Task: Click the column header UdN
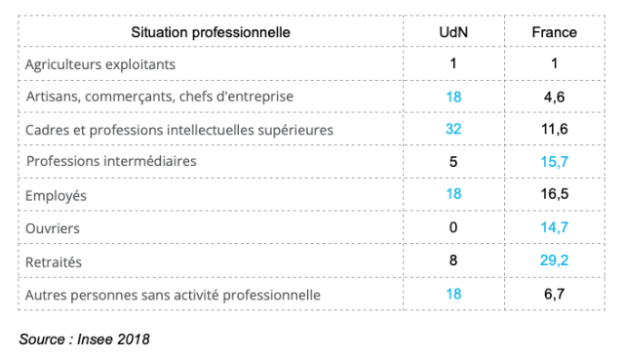(x=453, y=32)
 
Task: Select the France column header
(x=554, y=32)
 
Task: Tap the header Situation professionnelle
(x=211, y=32)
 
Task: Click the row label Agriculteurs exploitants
(x=100, y=64)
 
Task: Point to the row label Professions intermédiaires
(x=111, y=161)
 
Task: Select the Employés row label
(x=56, y=196)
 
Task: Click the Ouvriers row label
(x=53, y=228)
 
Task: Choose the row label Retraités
(x=54, y=261)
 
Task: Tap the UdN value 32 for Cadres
(x=453, y=129)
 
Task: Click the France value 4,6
(x=554, y=97)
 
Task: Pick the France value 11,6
(x=554, y=129)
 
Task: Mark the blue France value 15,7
(x=554, y=161)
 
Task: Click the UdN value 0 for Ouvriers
(x=453, y=227)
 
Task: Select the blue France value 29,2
(x=554, y=260)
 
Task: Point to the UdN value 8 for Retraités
(x=453, y=260)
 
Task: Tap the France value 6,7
(x=554, y=295)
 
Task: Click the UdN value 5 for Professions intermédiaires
(x=453, y=161)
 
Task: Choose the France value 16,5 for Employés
(x=554, y=194)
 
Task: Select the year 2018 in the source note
(x=134, y=340)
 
